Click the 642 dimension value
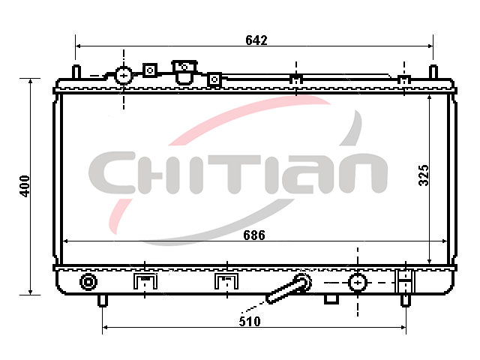(256, 40)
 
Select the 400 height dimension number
(25, 186)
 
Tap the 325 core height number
(424, 175)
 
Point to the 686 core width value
(254, 235)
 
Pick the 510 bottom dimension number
(250, 322)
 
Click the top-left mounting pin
(76, 72)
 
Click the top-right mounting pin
(433, 72)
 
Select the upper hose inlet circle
(123, 75)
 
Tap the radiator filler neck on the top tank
(184, 72)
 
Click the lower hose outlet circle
(358, 282)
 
